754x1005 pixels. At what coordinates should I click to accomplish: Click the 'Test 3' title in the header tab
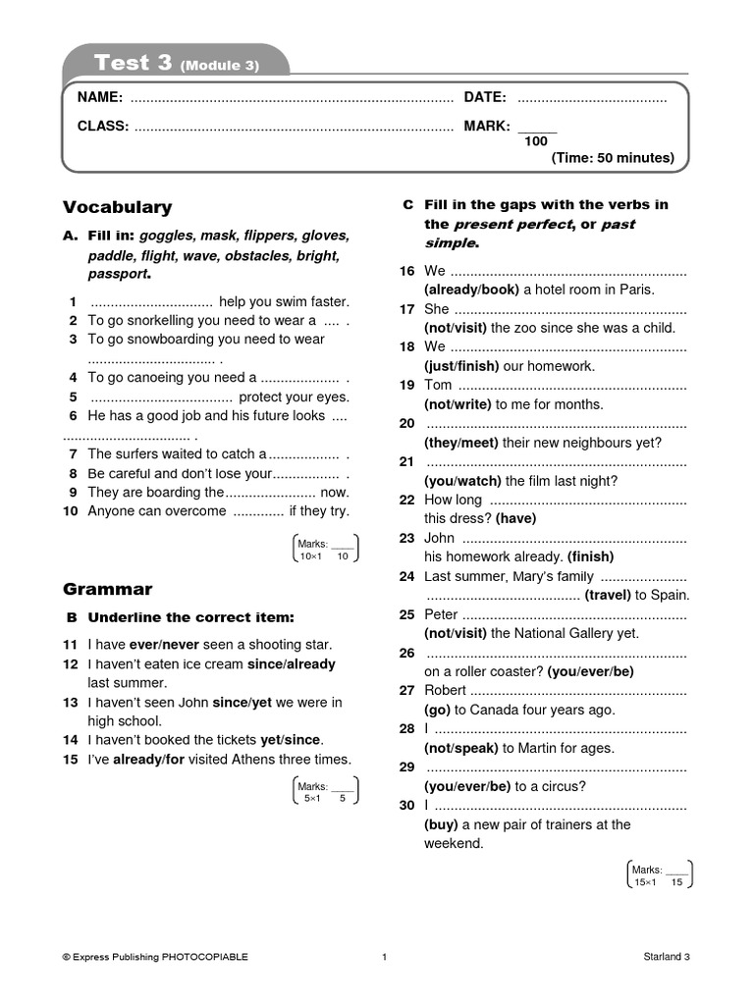pos(135,64)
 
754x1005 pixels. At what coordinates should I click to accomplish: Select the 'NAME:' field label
pos(99,97)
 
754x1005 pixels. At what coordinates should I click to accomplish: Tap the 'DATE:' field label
pos(485,97)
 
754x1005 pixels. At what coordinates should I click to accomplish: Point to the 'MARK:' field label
pos(487,127)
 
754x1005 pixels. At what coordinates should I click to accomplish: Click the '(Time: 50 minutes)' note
pos(613,158)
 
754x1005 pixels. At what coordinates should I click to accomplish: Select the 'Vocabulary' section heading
pos(117,207)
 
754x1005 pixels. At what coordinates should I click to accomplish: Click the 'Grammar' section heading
pos(108,590)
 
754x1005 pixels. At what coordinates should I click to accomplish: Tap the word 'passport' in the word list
pos(117,274)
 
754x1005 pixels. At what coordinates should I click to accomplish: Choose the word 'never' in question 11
pos(182,645)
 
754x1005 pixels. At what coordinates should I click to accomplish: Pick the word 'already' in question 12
pos(312,664)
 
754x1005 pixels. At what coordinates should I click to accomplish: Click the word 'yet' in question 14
pos(271,740)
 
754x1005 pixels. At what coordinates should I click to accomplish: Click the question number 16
pos(407,271)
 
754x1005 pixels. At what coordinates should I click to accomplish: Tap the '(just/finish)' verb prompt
pos(461,366)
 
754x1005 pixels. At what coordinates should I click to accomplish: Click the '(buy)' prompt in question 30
pos(441,825)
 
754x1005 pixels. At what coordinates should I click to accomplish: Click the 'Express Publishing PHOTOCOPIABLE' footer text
pos(155,957)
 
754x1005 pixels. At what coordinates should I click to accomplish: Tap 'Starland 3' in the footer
pos(667,957)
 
